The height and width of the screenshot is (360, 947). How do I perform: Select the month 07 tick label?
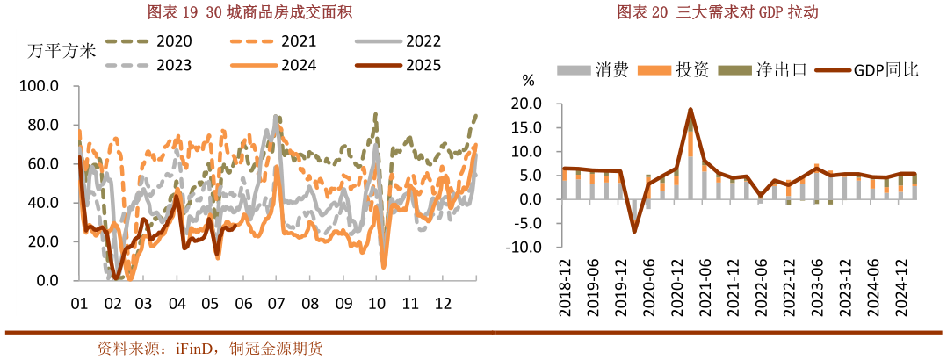pos(275,303)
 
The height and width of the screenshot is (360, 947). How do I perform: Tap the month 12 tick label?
pos(443,303)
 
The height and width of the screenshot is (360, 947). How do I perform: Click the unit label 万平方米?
pos(61,50)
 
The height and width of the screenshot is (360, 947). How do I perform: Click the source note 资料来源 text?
pos(210,348)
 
